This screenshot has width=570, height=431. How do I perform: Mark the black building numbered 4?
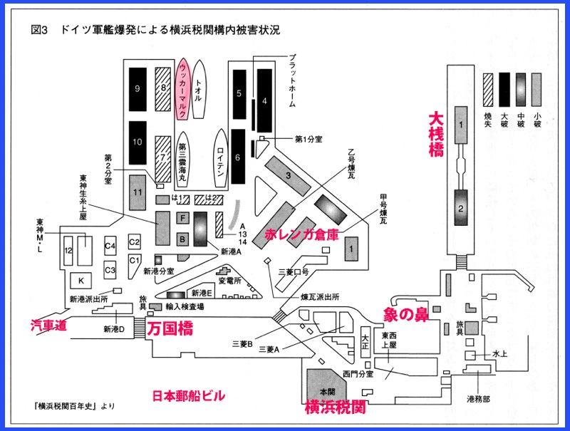264,100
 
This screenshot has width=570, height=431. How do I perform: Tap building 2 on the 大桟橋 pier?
460,209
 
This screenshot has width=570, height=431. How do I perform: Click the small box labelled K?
81,280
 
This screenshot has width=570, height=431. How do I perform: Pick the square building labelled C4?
110,246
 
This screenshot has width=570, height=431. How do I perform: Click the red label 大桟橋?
435,135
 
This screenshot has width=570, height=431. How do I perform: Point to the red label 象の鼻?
405,315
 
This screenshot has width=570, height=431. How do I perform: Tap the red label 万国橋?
169,329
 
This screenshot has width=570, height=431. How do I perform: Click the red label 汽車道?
50,326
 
